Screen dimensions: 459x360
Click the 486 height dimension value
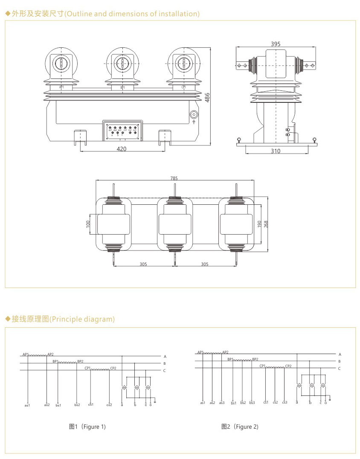tap(207, 97)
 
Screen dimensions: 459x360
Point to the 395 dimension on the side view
tap(276, 44)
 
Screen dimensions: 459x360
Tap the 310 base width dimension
tap(276, 151)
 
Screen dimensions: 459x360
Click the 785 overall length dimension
tap(174, 178)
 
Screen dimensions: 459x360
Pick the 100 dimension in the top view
tap(88, 224)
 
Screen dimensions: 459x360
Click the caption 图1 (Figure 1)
tap(87, 427)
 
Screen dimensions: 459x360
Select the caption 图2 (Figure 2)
tap(240, 427)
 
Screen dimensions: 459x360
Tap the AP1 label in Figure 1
tap(26, 354)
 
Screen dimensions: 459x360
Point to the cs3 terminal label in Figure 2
tap(285, 402)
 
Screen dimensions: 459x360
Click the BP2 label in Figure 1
tap(80, 361)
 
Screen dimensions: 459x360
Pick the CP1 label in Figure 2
tap(262, 366)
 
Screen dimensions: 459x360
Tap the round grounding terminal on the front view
tap(194, 115)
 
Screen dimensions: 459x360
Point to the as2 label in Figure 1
tap(46, 404)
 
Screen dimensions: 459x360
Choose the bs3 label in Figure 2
tap(252, 402)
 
